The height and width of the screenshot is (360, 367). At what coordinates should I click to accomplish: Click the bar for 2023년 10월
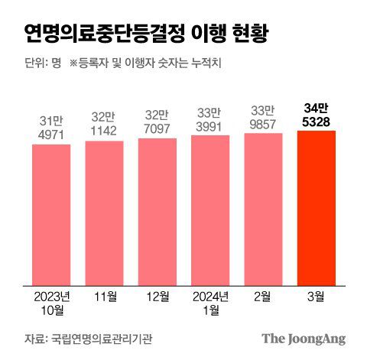(x=51, y=213)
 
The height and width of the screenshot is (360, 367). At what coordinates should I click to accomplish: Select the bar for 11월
(x=104, y=212)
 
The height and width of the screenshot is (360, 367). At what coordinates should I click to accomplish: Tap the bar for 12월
(x=157, y=210)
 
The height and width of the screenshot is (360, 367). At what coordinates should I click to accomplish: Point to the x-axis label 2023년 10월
(x=51, y=302)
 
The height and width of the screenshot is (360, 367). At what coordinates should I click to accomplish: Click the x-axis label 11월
(x=104, y=296)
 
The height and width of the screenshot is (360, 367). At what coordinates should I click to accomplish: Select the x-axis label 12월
(x=157, y=296)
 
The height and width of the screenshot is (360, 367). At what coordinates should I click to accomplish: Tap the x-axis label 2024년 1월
(x=210, y=302)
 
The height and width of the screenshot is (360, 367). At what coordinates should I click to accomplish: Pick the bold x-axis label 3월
(x=316, y=296)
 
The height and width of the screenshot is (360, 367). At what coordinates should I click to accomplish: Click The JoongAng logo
(x=304, y=338)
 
